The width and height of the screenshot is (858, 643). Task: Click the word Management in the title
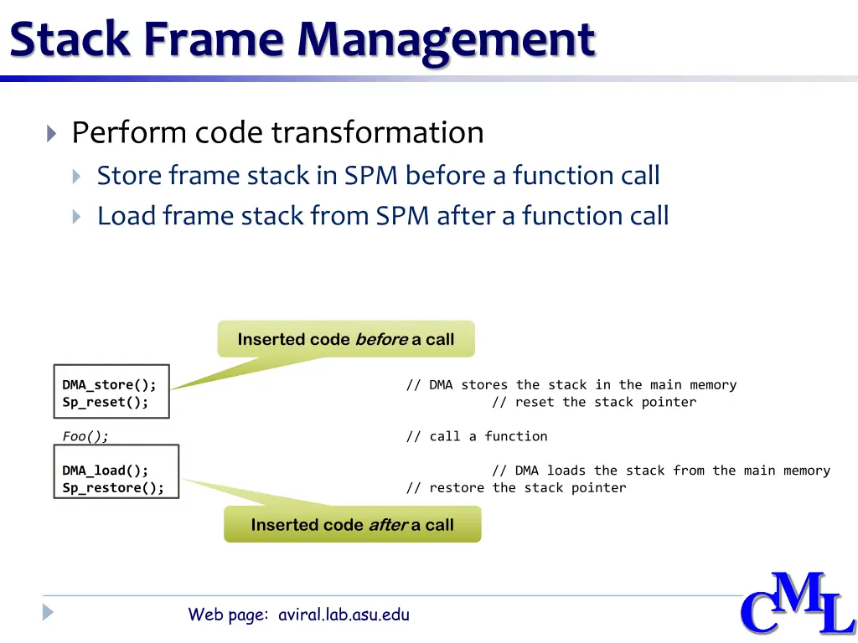(446, 39)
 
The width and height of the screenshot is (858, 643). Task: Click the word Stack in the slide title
(70, 39)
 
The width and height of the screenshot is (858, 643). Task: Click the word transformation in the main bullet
(377, 132)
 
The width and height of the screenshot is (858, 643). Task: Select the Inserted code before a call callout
(346, 339)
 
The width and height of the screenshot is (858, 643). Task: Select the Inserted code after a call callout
(352, 525)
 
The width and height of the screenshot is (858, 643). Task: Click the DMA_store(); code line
(109, 385)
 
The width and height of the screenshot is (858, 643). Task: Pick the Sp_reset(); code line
(106, 402)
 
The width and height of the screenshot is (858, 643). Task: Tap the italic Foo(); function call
(85, 436)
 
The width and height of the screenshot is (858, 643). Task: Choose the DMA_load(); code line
(106, 471)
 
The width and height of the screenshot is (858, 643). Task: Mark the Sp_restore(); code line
(113, 488)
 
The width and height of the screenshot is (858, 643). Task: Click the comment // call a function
(476, 436)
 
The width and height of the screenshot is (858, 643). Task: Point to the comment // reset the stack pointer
(593, 402)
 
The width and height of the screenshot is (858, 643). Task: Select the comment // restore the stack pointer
(515, 488)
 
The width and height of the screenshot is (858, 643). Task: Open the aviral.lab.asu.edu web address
(344, 615)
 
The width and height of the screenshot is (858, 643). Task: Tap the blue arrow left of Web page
(49, 612)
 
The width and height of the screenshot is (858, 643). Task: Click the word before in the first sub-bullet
(446, 176)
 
